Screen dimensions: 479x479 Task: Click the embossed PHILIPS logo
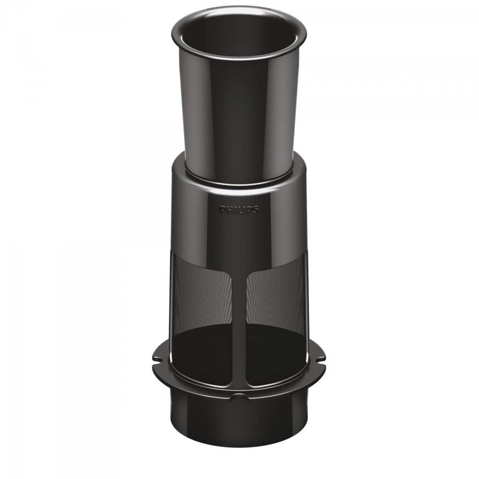[x=239, y=210]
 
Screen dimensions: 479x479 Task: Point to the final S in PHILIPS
[x=256, y=210]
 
